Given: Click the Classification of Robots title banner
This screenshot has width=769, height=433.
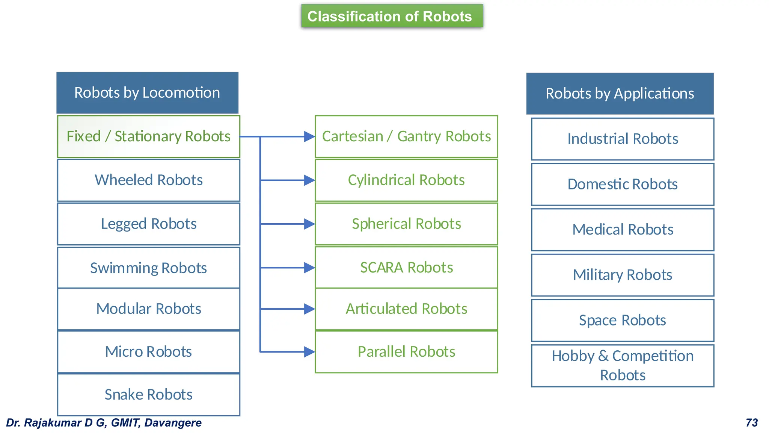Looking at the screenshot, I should click(392, 16).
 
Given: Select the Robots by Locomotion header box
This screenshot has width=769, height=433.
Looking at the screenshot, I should click(147, 93).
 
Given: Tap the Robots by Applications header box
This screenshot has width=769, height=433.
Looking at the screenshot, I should click(620, 94).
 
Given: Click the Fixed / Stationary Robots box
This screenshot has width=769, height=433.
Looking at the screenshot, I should click(148, 136).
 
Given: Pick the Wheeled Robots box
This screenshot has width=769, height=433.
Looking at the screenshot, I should click(148, 180).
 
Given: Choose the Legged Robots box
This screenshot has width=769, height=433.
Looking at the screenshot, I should click(148, 224).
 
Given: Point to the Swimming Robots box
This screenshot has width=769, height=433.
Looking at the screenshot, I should click(148, 268).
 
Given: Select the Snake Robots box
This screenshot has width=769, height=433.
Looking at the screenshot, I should click(148, 395).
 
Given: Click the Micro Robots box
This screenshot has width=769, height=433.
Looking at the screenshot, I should click(148, 352).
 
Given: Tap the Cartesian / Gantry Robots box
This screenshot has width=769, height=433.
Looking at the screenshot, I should click(406, 136).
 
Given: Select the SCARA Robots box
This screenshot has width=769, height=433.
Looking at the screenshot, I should click(406, 268).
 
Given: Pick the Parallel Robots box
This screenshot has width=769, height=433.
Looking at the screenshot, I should click(406, 352).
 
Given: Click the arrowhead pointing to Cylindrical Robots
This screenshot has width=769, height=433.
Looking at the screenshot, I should click(309, 180).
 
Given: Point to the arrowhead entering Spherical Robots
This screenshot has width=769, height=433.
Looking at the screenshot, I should click(309, 224).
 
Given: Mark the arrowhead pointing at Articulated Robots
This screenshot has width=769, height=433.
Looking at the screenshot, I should click(309, 309).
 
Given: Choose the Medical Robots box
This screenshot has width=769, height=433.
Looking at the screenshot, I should click(623, 230).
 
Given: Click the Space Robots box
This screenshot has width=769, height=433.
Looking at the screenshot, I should click(623, 320).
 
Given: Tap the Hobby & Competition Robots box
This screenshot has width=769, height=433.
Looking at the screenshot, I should click(623, 365).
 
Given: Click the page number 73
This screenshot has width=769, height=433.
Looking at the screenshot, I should click(752, 423).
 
